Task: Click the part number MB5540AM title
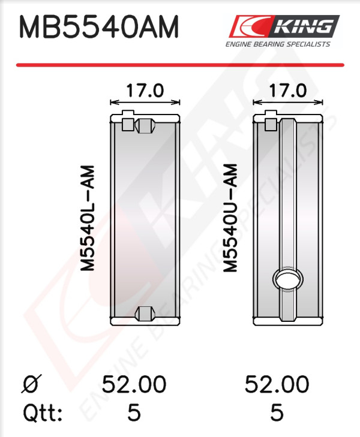99,27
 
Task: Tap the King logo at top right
284,26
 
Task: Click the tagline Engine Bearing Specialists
278,44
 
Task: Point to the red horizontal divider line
180,65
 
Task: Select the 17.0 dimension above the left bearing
145,91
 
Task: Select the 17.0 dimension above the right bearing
287,91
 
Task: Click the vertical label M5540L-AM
88,218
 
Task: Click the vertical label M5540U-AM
230,218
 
